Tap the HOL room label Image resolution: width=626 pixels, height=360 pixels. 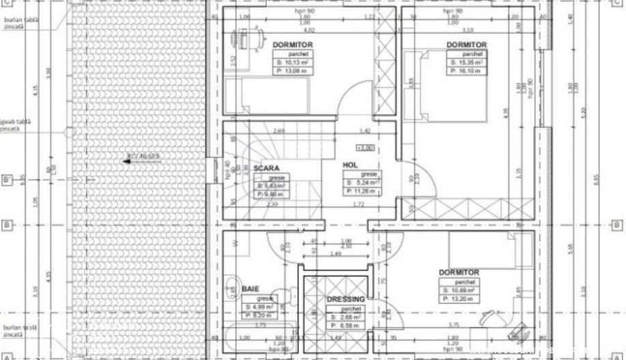[351, 165]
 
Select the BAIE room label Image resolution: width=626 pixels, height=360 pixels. [251, 290]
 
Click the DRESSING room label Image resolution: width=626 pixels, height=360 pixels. [345, 299]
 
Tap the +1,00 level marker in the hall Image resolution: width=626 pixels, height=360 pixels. [365, 147]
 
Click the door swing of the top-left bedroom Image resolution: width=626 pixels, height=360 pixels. [355, 96]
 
